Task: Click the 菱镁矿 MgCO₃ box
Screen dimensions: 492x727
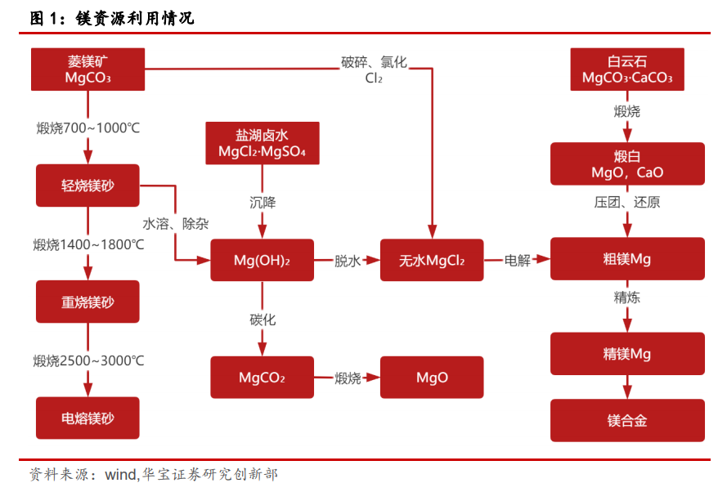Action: click(88, 69)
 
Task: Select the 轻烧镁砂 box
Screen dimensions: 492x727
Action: click(88, 186)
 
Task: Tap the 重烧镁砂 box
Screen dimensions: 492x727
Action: click(88, 302)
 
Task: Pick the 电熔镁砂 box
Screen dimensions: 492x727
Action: click(88, 418)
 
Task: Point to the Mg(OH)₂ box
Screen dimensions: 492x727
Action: click(262, 261)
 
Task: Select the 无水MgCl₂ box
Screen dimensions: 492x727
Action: click(432, 261)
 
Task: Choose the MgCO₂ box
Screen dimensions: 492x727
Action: click(262, 378)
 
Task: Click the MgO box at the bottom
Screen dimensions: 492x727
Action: click(432, 378)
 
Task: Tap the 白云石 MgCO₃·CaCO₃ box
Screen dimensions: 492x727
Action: click(626, 69)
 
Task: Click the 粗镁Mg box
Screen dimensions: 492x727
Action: click(626, 259)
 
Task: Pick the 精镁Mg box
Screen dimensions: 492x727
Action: click(626, 354)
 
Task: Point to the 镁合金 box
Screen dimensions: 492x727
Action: click(626, 420)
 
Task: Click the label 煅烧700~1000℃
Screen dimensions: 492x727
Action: click(88, 128)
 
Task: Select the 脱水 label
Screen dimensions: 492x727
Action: click(347, 261)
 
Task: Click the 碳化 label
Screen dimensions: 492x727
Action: click(263, 320)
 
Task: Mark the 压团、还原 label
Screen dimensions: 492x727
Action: click(626, 202)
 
